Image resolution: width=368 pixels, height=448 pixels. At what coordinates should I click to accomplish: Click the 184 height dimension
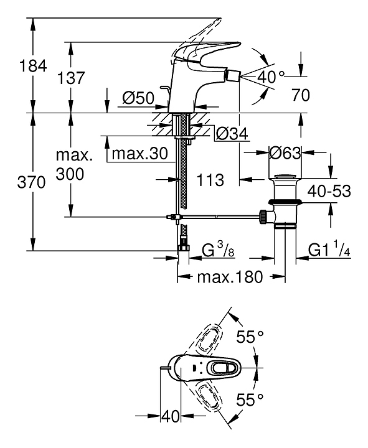click(x=32, y=66)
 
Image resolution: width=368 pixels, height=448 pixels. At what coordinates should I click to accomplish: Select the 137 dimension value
click(x=71, y=78)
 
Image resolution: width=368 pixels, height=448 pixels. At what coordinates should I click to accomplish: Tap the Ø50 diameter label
click(x=138, y=98)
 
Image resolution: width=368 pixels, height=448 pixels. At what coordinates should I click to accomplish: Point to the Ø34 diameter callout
click(x=232, y=133)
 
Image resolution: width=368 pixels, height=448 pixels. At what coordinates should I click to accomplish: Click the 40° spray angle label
click(x=271, y=77)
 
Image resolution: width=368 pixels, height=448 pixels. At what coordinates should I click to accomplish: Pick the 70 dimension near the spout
click(x=301, y=95)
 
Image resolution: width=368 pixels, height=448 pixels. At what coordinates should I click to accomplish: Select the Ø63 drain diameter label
click(x=285, y=153)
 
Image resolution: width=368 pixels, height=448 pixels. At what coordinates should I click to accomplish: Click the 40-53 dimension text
click(x=329, y=191)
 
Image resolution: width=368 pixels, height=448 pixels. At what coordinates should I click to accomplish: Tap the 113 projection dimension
click(x=210, y=180)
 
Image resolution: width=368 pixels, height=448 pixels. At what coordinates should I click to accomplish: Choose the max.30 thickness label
click(x=140, y=154)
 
